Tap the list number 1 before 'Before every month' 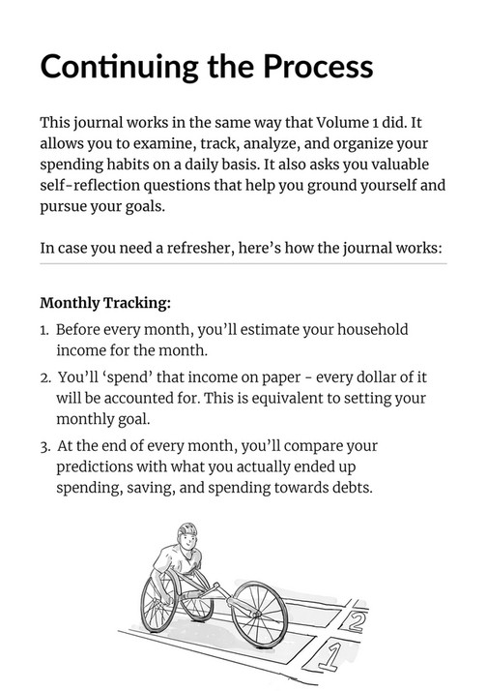pyautogui.click(x=44, y=331)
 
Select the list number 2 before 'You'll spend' pyautogui.click(x=44, y=377)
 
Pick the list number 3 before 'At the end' pyautogui.click(x=44, y=446)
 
